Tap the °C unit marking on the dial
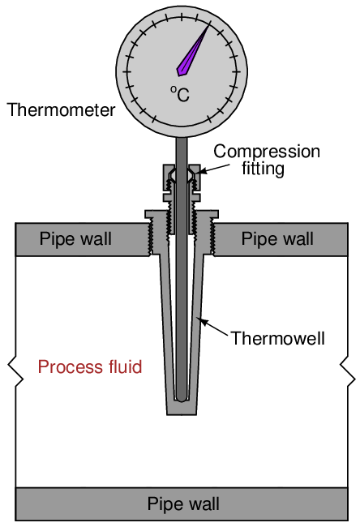pyautogui.click(x=180, y=94)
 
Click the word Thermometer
pyautogui.click(x=61, y=110)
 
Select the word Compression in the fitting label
pyautogui.click(x=267, y=152)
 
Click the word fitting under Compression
pyautogui.click(x=263, y=168)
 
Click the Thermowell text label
pyautogui.click(x=277, y=338)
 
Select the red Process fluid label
pyautogui.click(x=90, y=366)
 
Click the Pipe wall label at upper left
pyautogui.click(x=75, y=238)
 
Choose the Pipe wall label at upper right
pyautogui.click(x=277, y=238)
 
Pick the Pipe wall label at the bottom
pyautogui.click(x=183, y=503)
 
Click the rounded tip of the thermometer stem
pyautogui.click(x=182, y=398)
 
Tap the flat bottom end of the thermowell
pyautogui.click(x=182, y=414)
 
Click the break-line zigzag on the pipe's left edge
pyautogui.click(x=15, y=371)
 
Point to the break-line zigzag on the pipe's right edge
pyautogui.click(x=348, y=371)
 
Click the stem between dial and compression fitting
pyautogui.click(x=182, y=151)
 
